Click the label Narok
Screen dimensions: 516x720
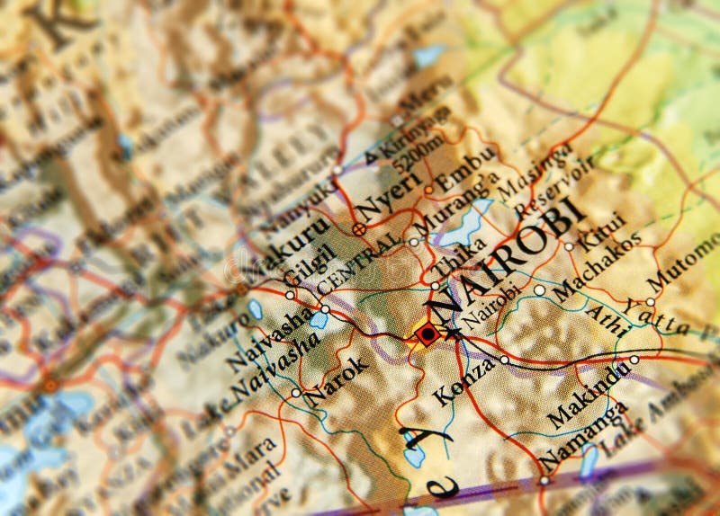[337, 378]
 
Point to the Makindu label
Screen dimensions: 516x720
[589, 396]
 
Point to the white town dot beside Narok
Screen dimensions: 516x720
[296, 393]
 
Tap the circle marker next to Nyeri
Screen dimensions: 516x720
[358, 229]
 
